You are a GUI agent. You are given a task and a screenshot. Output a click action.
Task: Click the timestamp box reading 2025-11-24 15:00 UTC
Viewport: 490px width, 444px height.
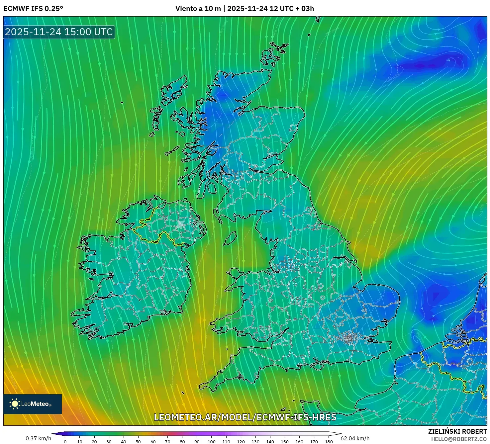coord(59,32)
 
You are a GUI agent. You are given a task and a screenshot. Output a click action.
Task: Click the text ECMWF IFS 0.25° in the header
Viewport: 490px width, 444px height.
coord(33,9)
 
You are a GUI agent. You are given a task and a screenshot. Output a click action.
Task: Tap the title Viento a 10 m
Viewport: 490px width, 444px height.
coord(198,9)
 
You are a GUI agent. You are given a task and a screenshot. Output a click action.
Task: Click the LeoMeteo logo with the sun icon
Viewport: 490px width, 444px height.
coord(33,404)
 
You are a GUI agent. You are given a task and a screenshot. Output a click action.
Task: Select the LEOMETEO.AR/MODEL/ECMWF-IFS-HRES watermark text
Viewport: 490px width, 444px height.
coord(245,417)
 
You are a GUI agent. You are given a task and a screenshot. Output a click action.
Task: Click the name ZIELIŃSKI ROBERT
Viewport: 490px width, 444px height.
coord(457,431)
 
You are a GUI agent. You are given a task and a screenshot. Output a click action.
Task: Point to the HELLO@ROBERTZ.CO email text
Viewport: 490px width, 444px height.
coord(459,439)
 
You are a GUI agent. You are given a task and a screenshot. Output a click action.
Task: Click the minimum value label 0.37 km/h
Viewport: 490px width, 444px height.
coord(39,438)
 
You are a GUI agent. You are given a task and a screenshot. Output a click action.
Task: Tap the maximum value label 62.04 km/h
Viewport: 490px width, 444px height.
coord(355,438)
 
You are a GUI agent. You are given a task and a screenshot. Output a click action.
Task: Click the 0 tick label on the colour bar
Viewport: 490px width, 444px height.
coord(65,442)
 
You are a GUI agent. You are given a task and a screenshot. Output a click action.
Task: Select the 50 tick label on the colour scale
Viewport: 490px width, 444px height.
coord(138,442)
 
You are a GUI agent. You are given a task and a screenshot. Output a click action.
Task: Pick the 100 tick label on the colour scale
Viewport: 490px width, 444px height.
coord(212,442)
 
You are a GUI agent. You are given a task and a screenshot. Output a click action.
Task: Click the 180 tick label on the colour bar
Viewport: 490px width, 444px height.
coord(329,442)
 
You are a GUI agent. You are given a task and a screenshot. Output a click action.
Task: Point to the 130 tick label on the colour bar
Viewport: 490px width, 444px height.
coord(255,442)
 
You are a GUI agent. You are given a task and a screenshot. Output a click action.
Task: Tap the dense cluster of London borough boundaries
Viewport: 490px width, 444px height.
coord(348,338)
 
